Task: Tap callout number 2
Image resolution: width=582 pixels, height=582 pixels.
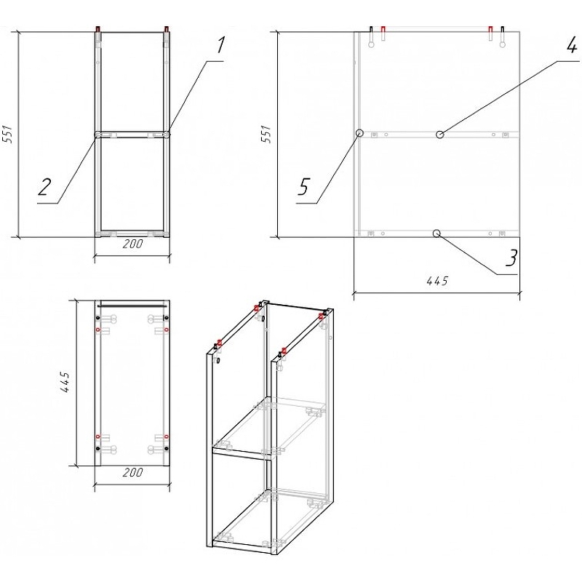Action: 45,188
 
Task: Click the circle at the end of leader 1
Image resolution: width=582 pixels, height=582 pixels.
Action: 167,135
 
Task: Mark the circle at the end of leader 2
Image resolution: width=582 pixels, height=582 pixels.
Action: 98,135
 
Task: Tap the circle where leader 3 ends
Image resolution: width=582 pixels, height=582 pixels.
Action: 436,234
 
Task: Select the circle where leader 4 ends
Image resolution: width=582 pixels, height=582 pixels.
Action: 439,135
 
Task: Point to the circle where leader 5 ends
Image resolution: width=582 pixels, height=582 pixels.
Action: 359,134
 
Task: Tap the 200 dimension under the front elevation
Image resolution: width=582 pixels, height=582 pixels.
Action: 132,244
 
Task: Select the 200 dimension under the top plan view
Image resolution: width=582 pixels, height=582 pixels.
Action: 132,473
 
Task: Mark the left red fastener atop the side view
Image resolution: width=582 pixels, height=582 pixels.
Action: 383,30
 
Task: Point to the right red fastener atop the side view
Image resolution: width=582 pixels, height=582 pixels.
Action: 490,30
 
